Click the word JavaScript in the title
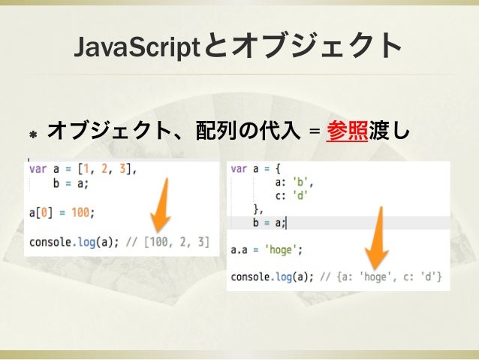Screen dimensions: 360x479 coord(137,46)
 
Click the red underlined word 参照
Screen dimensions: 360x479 coord(347,132)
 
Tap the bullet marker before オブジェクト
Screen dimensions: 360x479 coord(33,134)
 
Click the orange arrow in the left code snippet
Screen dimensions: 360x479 coord(161,207)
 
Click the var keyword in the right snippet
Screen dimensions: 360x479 coord(239,168)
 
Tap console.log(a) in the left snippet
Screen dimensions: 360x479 coord(68,242)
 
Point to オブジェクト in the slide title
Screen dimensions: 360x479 coord(316,46)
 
